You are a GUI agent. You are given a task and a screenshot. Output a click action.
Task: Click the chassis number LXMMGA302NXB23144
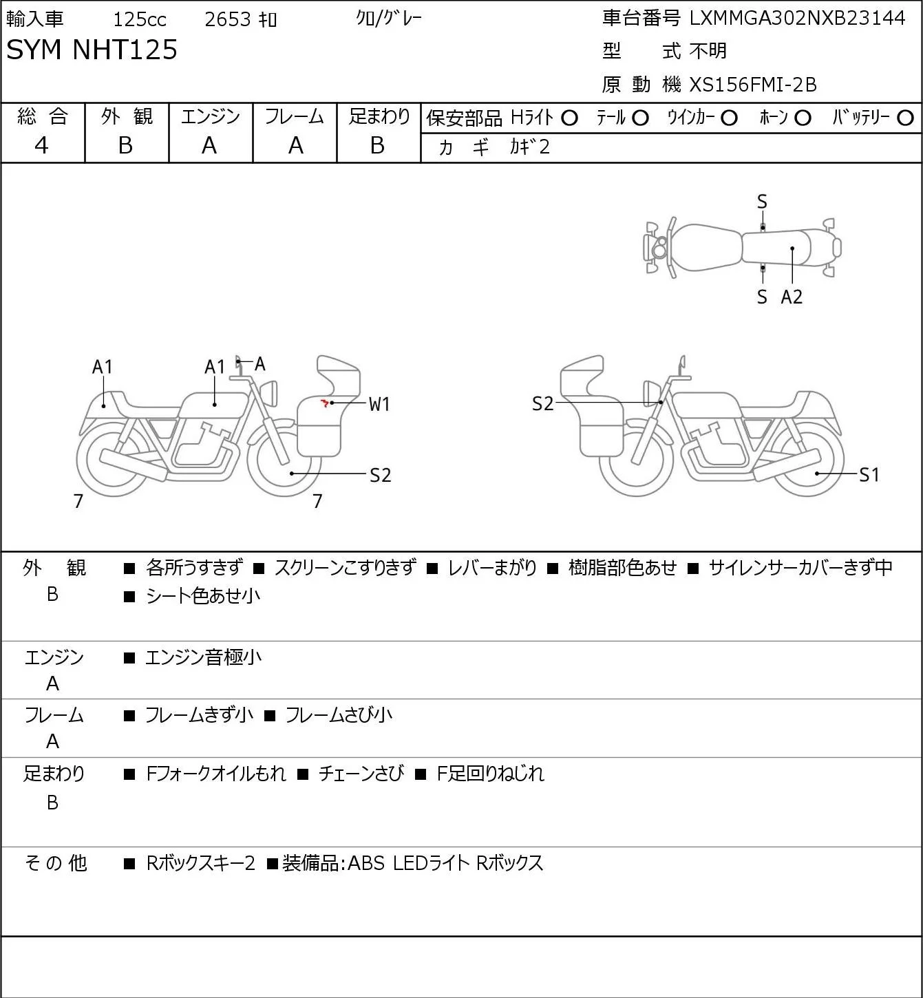(x=797, y=19)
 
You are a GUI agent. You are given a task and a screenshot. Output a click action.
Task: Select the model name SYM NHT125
(x=92, y=50)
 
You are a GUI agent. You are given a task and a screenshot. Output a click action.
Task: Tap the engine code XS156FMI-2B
(x=752, y=85)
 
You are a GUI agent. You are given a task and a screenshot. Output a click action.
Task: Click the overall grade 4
(x=41, y=146)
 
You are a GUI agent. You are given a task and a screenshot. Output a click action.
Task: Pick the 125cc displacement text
(x=139, y=19)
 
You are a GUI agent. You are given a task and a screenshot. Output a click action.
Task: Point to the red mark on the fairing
(x=325, y=403)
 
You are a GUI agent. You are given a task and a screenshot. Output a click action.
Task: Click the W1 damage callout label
(x=379, y=404)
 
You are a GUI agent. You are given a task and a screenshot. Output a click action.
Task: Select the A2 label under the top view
(x=792, y=297)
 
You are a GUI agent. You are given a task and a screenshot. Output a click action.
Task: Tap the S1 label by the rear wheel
(x=869, y=475)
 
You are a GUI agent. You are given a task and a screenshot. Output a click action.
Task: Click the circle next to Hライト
(x=569, y=118)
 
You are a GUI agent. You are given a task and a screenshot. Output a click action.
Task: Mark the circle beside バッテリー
(x=905, y=118)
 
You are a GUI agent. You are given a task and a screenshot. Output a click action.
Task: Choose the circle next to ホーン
(x=803, y=118)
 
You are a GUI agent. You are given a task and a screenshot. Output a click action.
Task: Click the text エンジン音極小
(x=203, y=657)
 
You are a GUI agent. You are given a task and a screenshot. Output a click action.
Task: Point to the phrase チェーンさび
(x=361, y=774)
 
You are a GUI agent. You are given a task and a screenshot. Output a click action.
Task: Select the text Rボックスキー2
(x=200, y=863)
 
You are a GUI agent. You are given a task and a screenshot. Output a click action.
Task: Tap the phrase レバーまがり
(x=492, y=567)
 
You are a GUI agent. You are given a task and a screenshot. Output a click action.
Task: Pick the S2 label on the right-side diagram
(x=542, y=404)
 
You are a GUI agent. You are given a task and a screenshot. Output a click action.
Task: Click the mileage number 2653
(x=227, y=19)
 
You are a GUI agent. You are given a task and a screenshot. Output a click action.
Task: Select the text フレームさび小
(x=339, y=715)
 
